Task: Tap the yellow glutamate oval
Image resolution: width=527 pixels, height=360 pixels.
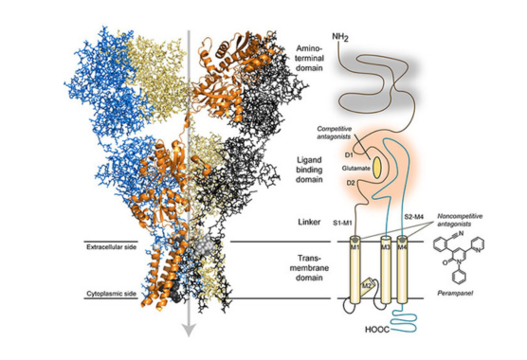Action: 376,166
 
